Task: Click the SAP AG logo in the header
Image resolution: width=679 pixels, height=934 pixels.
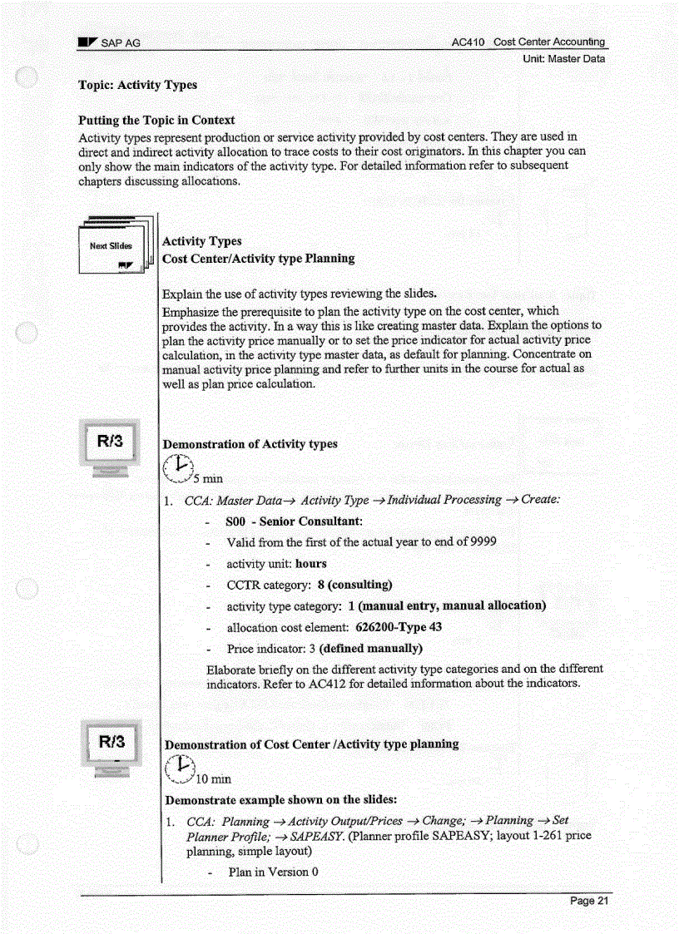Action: [x=87, y=42]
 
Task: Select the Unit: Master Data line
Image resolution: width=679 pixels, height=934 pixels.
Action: [x=563, y=59]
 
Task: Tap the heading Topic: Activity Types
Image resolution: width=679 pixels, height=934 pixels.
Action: [x=137, y=85]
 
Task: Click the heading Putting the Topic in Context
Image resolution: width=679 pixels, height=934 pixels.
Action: [x=156, y=120]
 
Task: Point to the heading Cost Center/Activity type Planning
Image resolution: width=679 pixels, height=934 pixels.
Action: [x=258, y=259]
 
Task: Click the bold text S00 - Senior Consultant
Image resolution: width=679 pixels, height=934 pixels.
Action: [x=294, y=521]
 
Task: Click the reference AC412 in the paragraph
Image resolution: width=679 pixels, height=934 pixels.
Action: [x=327, y=684]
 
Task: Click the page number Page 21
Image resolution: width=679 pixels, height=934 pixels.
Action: [x=589, y=902]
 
